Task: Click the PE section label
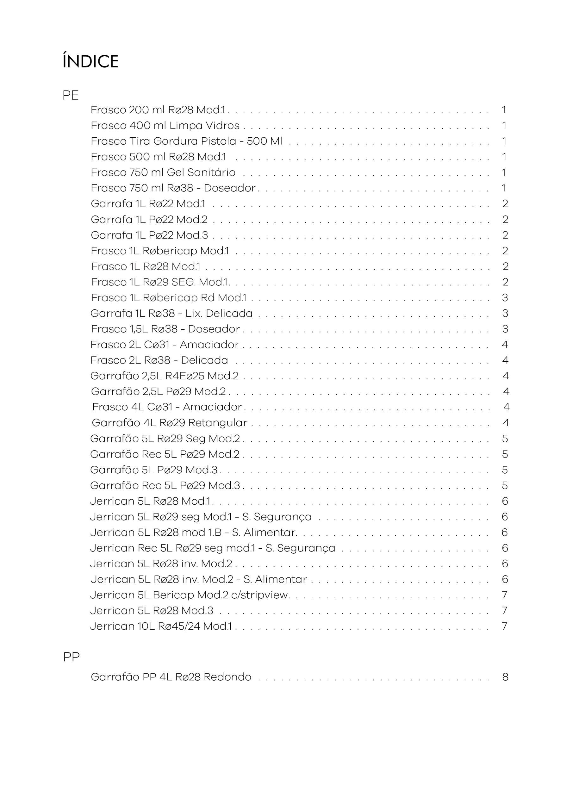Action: (71, 95)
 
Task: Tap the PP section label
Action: (71, 657)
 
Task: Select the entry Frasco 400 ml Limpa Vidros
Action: (165, 126)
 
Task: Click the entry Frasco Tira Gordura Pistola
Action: (186, 141)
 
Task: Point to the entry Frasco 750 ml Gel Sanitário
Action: (163, 172)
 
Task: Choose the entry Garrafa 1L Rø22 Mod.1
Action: (148, 203)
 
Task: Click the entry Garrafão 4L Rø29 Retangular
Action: (169, 423)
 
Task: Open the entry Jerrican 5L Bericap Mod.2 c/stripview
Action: (190, 595)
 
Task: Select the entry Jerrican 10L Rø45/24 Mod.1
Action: (161, 626)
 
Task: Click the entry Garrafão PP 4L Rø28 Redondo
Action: (171, 677)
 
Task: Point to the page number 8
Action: (505, 677)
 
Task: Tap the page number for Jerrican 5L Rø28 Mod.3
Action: (505, 611)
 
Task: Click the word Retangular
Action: (218, 423)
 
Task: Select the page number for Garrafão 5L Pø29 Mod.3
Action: (505, 470)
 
